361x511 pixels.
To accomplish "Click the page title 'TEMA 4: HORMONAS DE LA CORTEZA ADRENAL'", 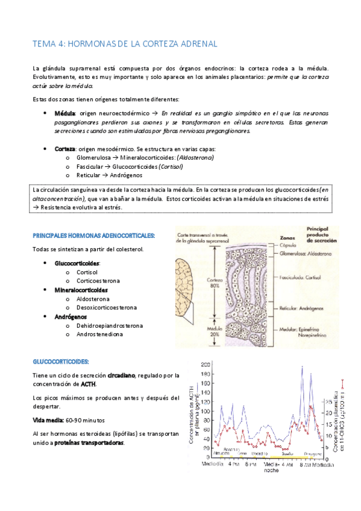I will point(124,45).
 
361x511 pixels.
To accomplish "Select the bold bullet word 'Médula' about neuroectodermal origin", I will point(65,113).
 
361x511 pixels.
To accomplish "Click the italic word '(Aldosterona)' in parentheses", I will point(193,157).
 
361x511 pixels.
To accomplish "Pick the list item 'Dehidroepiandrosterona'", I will point(109,325).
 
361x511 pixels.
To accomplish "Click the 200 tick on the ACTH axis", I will point(205,365).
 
